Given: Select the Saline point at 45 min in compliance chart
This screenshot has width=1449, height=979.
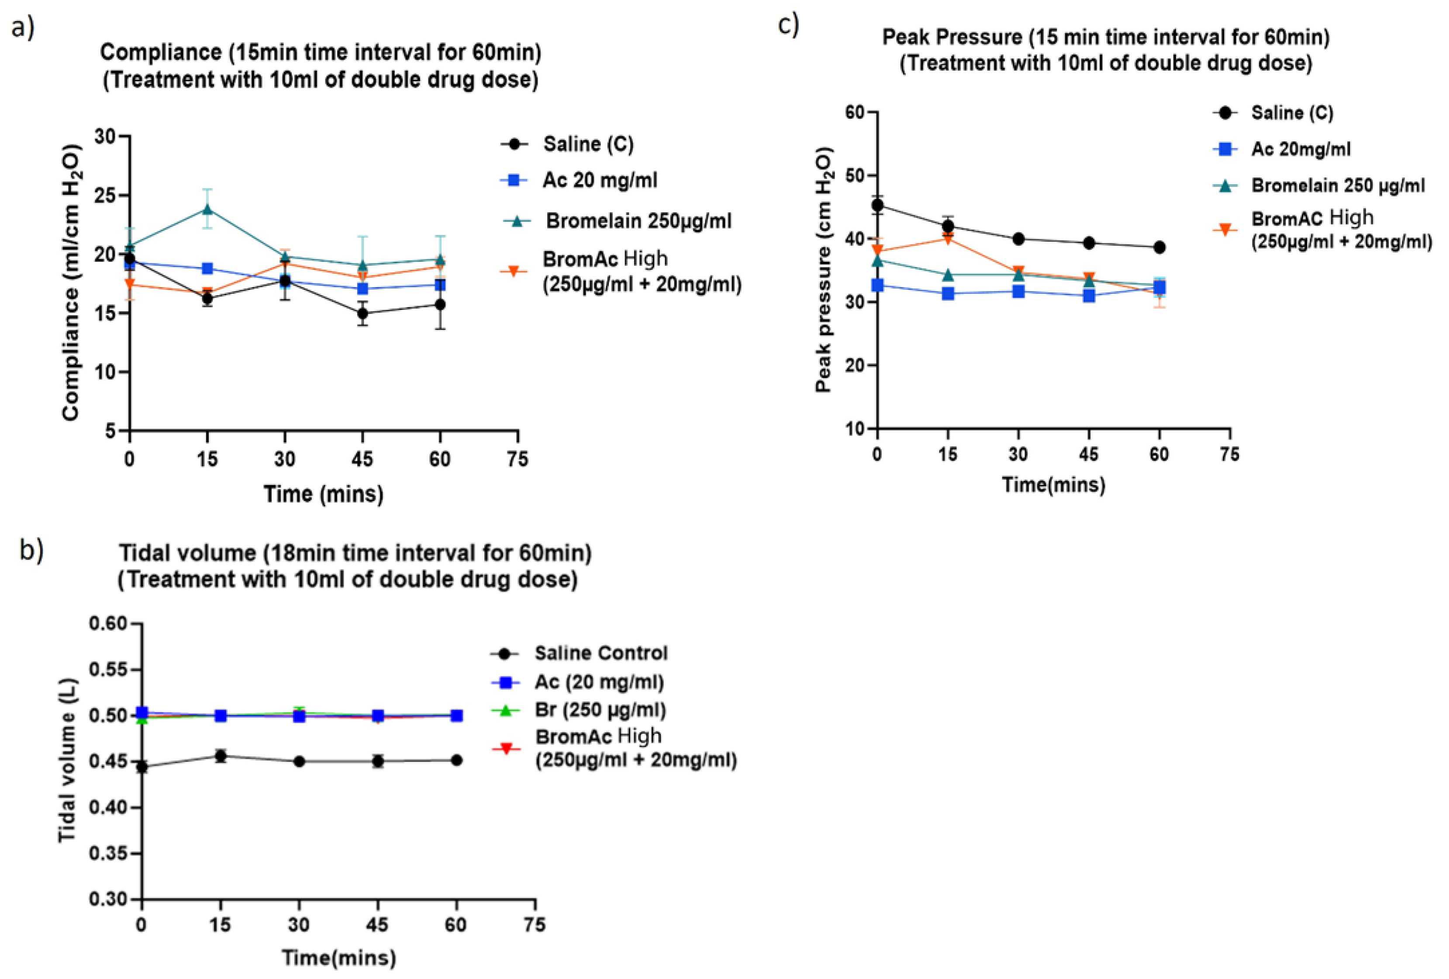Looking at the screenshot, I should pyautogui.click(x=362, y=313).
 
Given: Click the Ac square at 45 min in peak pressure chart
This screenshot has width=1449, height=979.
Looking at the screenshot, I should pyautogui.click(x=1089, y=295).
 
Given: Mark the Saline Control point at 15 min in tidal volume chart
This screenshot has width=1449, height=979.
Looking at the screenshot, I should pyautogui.click(x=220, y=756).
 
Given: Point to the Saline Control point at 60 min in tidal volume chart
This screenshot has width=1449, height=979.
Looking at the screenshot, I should pyautogui.click(x=456, y=760).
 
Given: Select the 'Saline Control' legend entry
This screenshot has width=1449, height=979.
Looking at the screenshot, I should pyautogui.click(x=600, y=653).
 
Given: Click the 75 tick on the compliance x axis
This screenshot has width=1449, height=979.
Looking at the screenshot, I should pyautogui.click(x=517, y=460).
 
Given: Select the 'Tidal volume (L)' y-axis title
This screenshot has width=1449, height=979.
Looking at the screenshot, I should pyautogui.click(x=67, y=761).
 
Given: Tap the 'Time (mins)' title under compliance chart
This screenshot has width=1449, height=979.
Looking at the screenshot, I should pyautogui.click(x=324, y=494).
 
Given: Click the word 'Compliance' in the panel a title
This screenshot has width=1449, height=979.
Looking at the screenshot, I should pyautogui.click(x=160, y=52).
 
